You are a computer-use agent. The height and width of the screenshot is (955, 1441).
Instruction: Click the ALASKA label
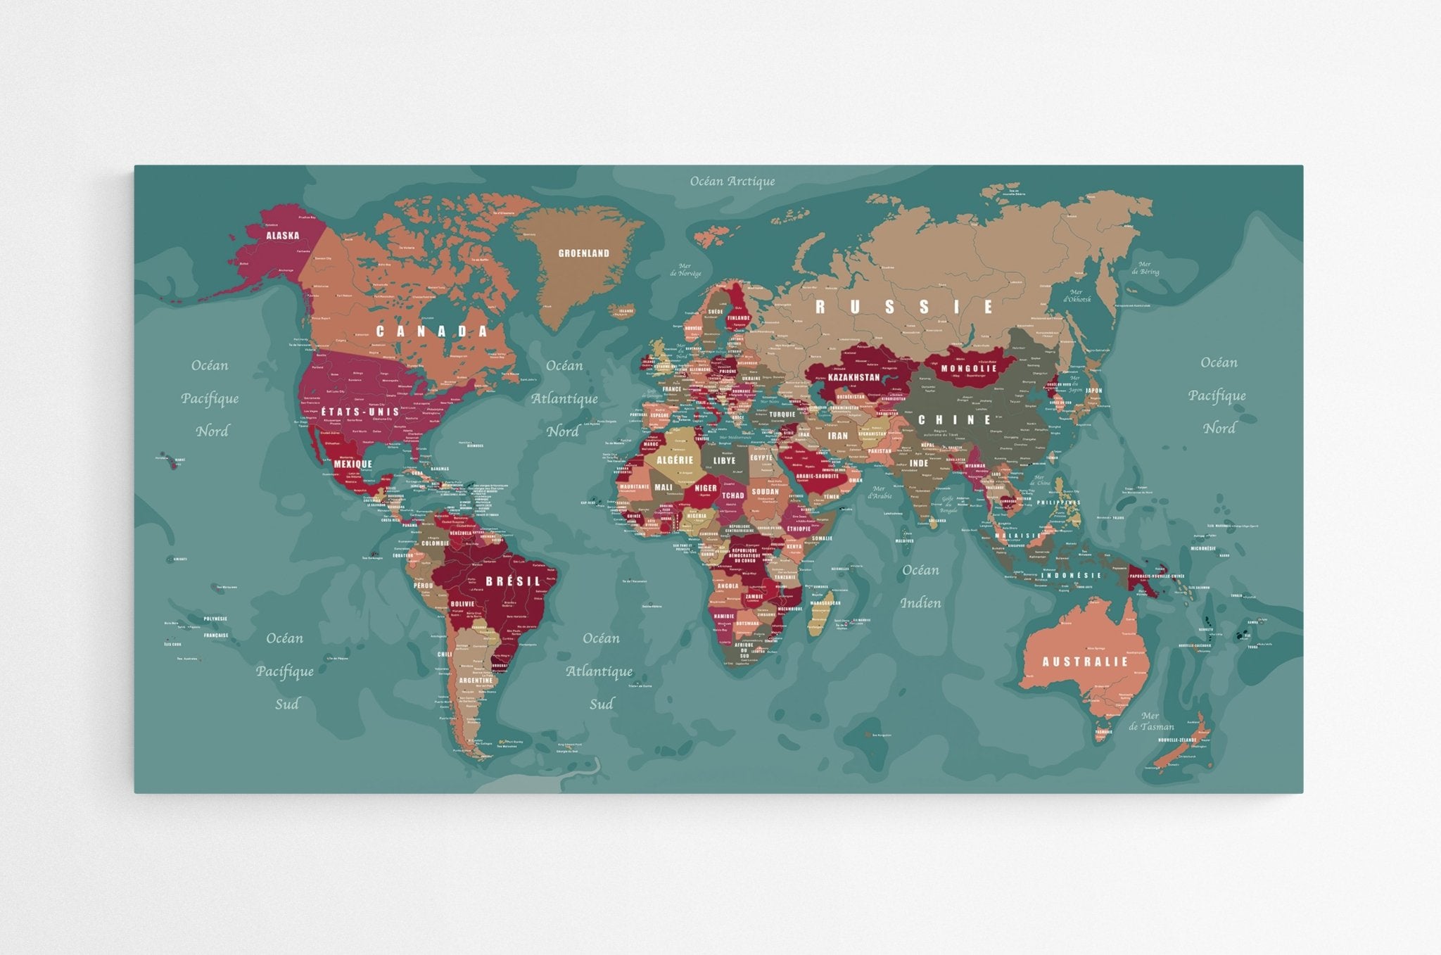(x=282, y=236)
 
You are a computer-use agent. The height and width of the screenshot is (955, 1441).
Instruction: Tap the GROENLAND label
(x=583, y=253)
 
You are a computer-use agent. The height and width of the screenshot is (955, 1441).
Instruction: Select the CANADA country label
(x=432, y=331)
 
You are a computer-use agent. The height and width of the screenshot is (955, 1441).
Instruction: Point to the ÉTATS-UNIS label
(x=360, y=412)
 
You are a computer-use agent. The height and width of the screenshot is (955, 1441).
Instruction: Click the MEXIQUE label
(x=353, y=464)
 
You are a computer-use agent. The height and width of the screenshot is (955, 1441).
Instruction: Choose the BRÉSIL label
(x=513, y=581)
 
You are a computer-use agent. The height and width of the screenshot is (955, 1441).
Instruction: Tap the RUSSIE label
(x=904, y=307)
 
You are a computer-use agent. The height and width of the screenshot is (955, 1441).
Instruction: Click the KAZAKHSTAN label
(x=853, y=377)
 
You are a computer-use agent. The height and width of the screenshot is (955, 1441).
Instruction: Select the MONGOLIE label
(x=969, y=369)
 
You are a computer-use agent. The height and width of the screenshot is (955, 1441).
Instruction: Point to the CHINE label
(x=955, y=420)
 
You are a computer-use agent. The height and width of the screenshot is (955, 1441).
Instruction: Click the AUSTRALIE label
(x=1084, y=662)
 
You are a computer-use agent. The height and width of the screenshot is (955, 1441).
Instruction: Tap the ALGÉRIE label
(x=674, y=460)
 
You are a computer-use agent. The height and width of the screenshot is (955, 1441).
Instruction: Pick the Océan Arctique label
(x=732, y=182)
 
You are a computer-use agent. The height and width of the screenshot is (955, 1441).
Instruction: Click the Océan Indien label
(x=920, y=586)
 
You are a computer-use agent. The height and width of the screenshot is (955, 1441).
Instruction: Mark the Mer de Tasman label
(x=1151, y=721)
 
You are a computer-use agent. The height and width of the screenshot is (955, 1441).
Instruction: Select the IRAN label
(x=837, y=436)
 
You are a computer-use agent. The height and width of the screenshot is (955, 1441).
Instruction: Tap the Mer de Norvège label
(x=685, y=270)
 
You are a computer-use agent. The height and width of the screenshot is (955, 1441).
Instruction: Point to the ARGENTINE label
(x=476, y=681)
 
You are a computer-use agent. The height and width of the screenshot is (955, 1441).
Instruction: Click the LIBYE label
(x=724, y=461)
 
